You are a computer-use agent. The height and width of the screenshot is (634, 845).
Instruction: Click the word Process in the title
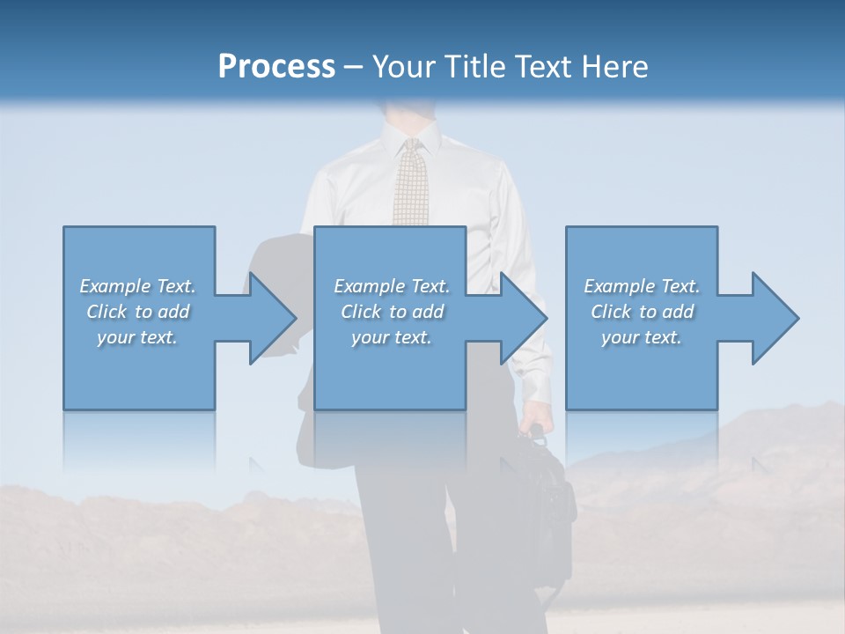point(276,67)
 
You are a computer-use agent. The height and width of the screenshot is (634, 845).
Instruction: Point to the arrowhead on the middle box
point(518,318)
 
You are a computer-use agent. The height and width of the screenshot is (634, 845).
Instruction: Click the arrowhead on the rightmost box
point(769,318)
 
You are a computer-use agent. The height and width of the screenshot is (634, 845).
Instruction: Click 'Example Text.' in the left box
point(137,286)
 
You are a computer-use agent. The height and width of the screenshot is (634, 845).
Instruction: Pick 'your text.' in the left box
point(137,337)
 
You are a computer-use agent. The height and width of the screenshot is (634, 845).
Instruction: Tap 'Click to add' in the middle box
point(392,312)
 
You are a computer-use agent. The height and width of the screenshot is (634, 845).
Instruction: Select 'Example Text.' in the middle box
point(392,286)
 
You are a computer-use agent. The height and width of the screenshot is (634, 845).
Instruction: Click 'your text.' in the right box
point(642,337)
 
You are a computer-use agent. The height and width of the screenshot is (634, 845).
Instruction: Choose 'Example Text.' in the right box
point(642,286)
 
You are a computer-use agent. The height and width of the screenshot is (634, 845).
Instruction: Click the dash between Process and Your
point(354,67)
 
